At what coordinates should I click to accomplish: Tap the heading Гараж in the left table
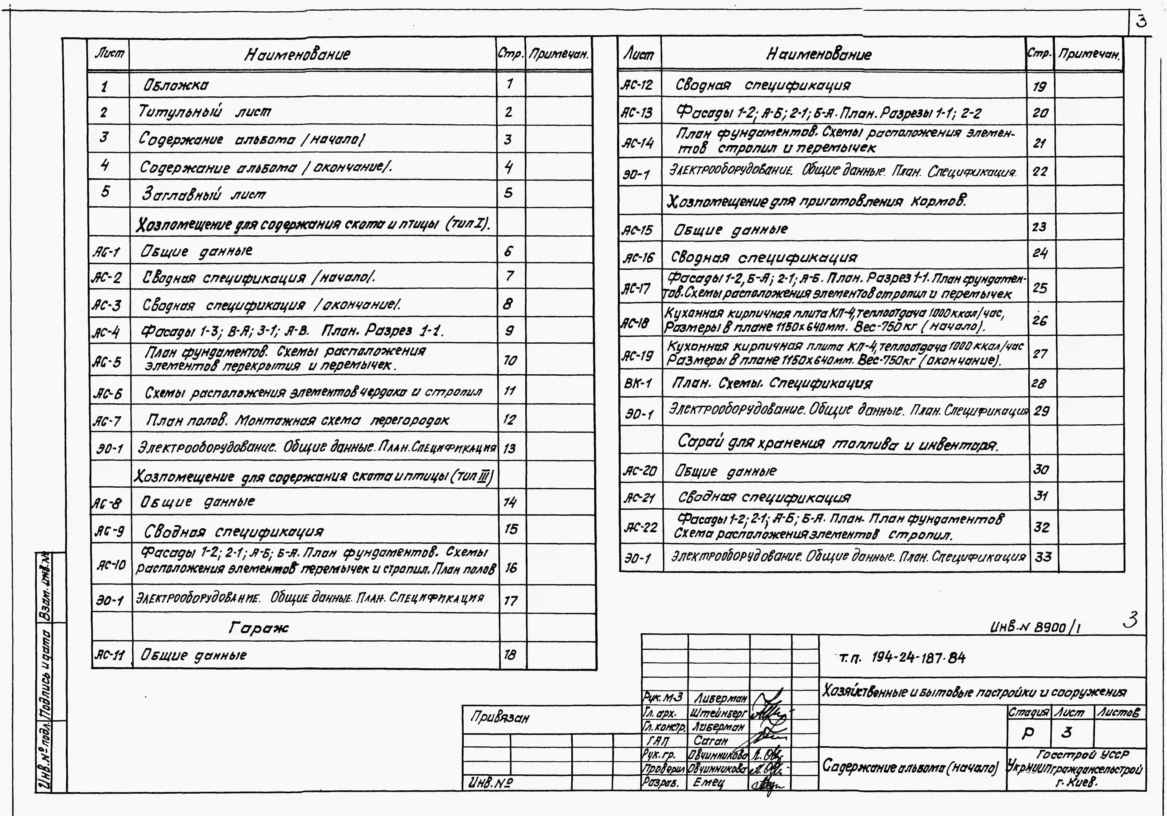(x=258, y=628)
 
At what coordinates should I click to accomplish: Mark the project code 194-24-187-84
(x=918, y=658)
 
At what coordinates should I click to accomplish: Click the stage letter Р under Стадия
(x=1028, y=733)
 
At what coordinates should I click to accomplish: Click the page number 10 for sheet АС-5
(x=510, y=360)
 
